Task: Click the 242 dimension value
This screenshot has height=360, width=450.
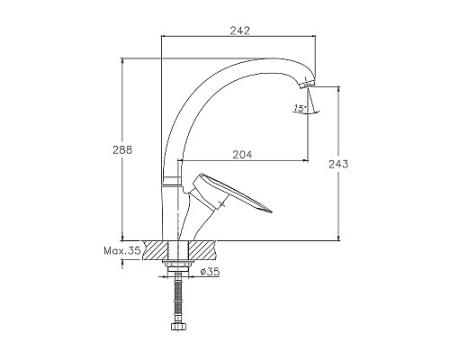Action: pos(239,31)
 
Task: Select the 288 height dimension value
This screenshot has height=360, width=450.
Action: pos(122,149)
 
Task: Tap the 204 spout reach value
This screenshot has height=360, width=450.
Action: pos(242,155)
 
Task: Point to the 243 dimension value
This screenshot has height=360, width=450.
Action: pos(338,164)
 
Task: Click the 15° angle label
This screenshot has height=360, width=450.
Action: pos(300,108)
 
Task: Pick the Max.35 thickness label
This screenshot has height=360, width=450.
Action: pos(121,250)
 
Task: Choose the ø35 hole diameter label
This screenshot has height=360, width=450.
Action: pos(211,272)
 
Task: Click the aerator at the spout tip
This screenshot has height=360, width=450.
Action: pos(307,83)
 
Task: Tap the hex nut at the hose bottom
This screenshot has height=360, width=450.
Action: pos(177,326)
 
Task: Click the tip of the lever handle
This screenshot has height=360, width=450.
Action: pos(271,211)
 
